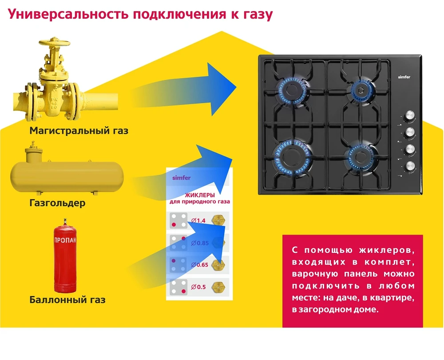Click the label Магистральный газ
[x=79, y=131]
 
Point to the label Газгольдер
[x=57, y=203]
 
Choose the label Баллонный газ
[x=67, y=300]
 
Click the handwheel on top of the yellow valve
[x=56, y=43]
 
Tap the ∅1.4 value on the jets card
[x=198, y=220]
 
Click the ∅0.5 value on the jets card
[x=198, y=287]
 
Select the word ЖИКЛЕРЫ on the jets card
[x=200, y=195]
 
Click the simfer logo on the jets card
[x=181, y=178]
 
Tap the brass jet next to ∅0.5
[x=218, y=286]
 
